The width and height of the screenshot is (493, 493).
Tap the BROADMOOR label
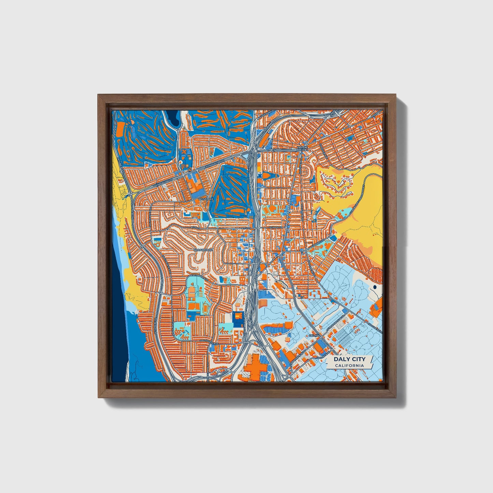pyautogui.click(x=203, y=250)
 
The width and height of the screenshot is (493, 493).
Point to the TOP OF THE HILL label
pyautogui.click(x=302, y=148)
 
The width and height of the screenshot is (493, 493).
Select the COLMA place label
pyautogui.click(x=314, y=336)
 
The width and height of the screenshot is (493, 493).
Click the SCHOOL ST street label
pyautogui.click(x=276, y=227)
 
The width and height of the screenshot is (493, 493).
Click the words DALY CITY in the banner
pyautogui.click(x=349, y=359)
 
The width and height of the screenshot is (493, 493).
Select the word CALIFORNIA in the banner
pyautogui.click(x=349, y=366)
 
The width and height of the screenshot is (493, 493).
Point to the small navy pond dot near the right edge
pyautogui.click(x=375, y=287)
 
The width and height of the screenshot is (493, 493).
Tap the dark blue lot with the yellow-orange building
pyautogui.click(x=237, y=317)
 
